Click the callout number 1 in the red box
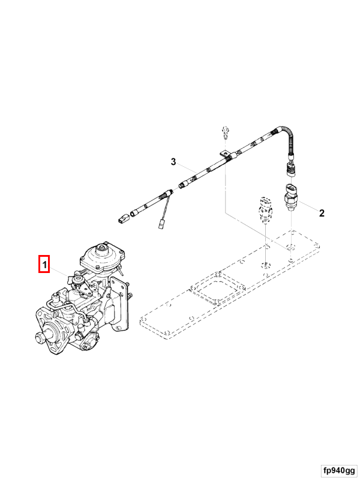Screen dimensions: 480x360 (x=44, y=263)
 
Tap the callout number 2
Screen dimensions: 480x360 (x=322, y=212)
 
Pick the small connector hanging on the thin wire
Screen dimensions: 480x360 (x=161, y=226)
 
